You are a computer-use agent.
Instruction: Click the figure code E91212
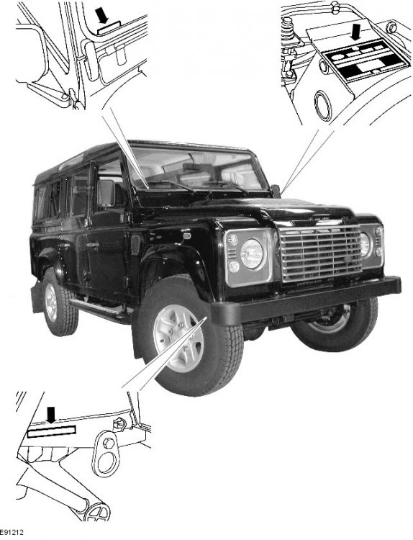click(12, 532)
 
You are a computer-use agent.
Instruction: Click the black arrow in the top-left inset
click(101, 16)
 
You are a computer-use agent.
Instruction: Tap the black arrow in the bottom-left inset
click(51, 415)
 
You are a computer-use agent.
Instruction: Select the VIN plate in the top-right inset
click(367, 60)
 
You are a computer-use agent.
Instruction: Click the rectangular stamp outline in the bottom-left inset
click(51, 431)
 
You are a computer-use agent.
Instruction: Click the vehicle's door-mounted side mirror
click(106, 193)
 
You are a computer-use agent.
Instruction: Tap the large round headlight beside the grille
click(252, 254)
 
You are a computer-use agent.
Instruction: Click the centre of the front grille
click(321, 253)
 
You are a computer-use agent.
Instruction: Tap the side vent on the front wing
click(135, 245)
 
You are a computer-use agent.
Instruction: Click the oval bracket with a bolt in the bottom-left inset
click(106, 453)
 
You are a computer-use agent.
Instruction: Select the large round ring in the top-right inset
click(323, 105)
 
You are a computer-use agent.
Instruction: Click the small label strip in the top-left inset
click(109, 28)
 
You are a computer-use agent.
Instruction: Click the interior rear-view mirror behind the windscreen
click(199, 167)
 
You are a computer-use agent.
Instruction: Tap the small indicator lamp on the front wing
click(187, 235)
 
